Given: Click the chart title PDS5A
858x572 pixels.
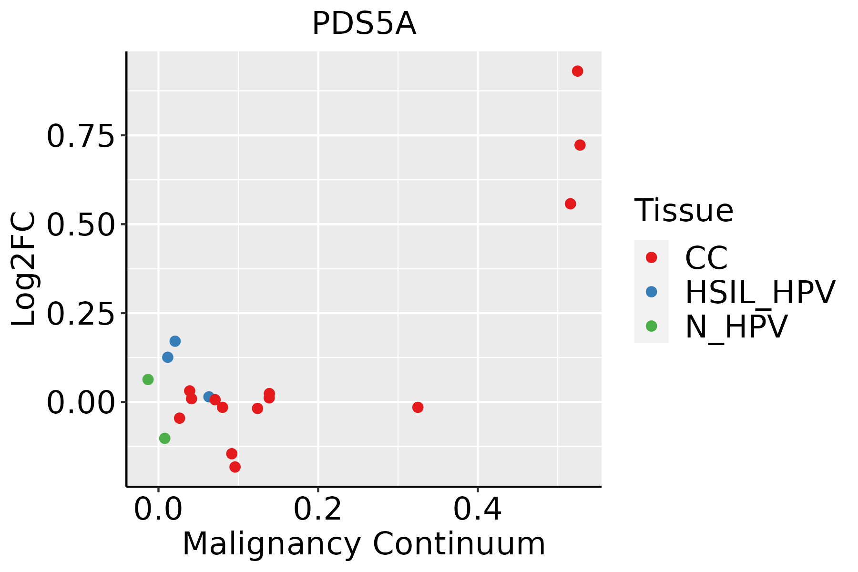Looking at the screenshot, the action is pyautogui.click(x=364, y=24).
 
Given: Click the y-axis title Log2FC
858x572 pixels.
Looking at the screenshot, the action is pyautogui.click(x=24, y=269).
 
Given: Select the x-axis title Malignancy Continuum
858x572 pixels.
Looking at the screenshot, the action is pyautogui.click(x=364, y=544).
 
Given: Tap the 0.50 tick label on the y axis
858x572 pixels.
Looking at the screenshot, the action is pyautogui.click(x=81, y=225).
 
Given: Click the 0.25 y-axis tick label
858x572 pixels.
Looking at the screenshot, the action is pyautogui.click(x=81, y=314).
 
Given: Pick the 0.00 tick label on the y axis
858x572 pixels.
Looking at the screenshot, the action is pyautogui.click(x=81, y=402).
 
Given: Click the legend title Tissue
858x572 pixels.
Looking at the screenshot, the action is pyautogui.click(x=684, y=210).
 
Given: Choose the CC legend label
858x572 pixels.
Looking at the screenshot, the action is pyautogui.click(x=706, y=258).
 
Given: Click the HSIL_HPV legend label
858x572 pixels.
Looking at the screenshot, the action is pyautogui.click(x=760, y=292).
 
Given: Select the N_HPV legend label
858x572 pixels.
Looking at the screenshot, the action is pyautogui.click(x=736, y=327).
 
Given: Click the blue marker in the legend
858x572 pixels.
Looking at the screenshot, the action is pyautogui.click(x=651, y=292).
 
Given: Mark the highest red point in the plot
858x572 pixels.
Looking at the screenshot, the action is pyautogui.click(x=577, y=71).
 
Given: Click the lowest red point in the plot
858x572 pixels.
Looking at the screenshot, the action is pyautogui.click(x=235, y=467).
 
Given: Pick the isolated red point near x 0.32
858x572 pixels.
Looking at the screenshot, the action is pyautogui.click(x=418, y=407).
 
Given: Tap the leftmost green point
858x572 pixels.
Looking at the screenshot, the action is pyautogui.click(x=148, y=379).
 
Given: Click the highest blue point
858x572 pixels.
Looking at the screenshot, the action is pyautogui.click(x=175, y=341).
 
